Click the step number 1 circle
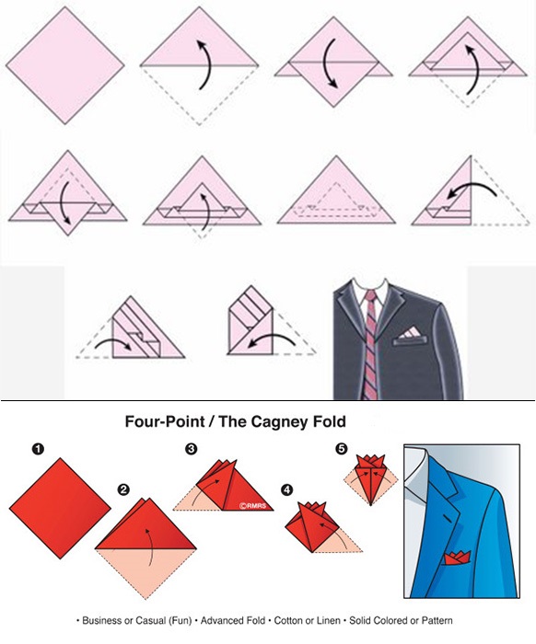38,449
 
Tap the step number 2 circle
123,489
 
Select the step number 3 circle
192,449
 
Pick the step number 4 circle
287,490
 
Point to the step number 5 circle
342,449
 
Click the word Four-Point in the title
165,421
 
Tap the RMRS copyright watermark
253,506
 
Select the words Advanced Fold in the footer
233,621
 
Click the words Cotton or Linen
307,621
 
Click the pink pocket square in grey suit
410,333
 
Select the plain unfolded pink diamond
65,65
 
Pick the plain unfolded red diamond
60,509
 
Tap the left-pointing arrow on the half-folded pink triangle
472,187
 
